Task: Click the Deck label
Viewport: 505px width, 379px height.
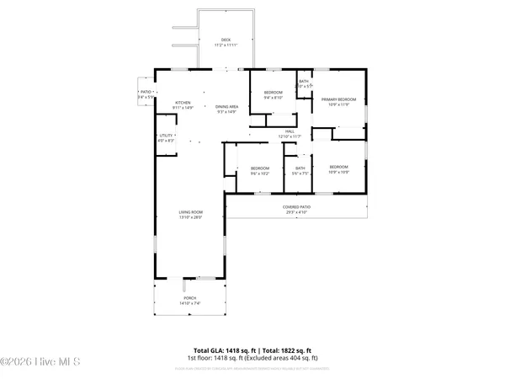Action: pyautogui.click(x=225, y=40)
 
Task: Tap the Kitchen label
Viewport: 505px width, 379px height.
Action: pyautogui.click(x=183, y=104)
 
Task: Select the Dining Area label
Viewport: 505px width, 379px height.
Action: pyautogui.click(x=228, y=106)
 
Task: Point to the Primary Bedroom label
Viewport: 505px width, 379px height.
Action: pyautogui.click(x=338, y=100)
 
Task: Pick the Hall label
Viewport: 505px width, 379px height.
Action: pyautogui.click(x=290, y=131)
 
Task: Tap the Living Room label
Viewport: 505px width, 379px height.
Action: pyautogui.click(x=191, y=212)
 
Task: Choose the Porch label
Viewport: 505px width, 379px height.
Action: pyautogui.click(x=190, y=297)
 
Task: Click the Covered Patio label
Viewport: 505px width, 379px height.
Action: pyautogui.click(x=295, y=206)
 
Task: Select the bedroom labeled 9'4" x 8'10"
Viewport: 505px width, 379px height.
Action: pyautogui.click(x=273, y=91)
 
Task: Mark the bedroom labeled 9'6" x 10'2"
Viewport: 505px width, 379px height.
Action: pyautogui.click(x=259, y=168)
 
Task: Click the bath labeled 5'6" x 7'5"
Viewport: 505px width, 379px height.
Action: pyautogui.click(x=300, y=168)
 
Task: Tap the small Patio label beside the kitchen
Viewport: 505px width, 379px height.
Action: pyautogui.click(x=146, y=93)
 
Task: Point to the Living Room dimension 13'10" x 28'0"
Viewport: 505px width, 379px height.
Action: pyautogui.click(x=191, y=218)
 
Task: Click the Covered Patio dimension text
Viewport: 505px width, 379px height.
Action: pyautogui.click(x=295, y=211)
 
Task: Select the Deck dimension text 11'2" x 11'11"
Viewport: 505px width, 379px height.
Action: pyautogui.click(x=225, y=45)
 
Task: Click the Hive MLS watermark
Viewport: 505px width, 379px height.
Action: pyautogui.click(x=40, y=363)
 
